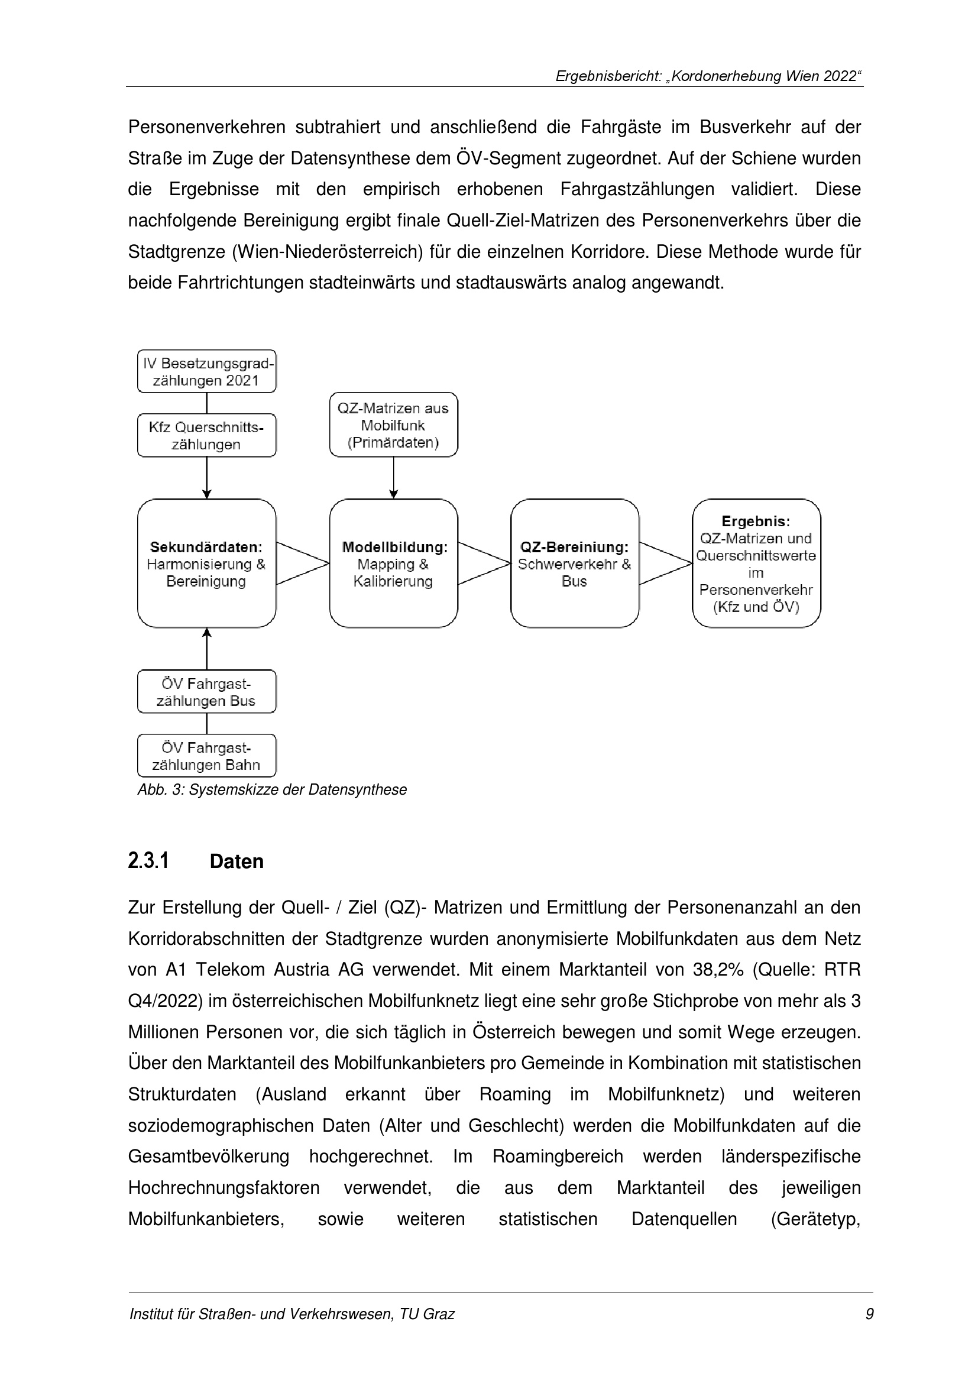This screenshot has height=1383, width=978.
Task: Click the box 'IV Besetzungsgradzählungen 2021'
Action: tap(206, 372)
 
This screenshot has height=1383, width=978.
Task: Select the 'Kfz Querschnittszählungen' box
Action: tap(206, 436)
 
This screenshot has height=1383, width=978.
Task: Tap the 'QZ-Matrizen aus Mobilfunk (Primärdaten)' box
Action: tap(393, 425)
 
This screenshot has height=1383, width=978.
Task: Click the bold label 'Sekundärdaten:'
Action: tap(206, 548)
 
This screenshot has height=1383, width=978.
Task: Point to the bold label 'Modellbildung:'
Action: tap(394, 548)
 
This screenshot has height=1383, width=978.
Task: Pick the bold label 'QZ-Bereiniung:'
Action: tap(575, 548)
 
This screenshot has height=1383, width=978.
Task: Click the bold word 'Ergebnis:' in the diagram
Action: tap(756, 522)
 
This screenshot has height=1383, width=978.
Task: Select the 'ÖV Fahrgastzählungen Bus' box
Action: tap(206, 692)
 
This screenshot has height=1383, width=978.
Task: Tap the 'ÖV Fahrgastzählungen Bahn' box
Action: tap(206, 756)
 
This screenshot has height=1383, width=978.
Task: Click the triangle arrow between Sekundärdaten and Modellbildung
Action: tap(302, 564)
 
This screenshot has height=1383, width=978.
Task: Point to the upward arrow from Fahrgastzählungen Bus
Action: tap(206, 649)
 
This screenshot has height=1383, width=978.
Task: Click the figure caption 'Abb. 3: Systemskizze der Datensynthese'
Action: tap(272, 790)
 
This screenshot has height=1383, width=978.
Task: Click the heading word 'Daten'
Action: tap(237, 862)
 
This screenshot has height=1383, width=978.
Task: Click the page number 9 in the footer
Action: tap(869, 1331)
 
